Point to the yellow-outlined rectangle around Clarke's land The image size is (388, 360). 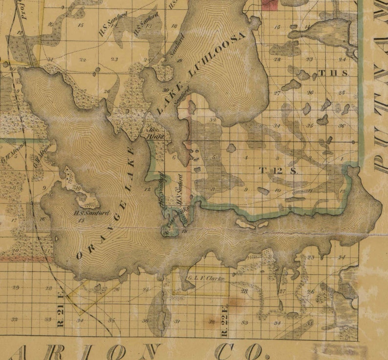(200, 281)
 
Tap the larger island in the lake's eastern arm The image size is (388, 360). (244, 224)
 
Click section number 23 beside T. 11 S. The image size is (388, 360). (309, 59)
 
